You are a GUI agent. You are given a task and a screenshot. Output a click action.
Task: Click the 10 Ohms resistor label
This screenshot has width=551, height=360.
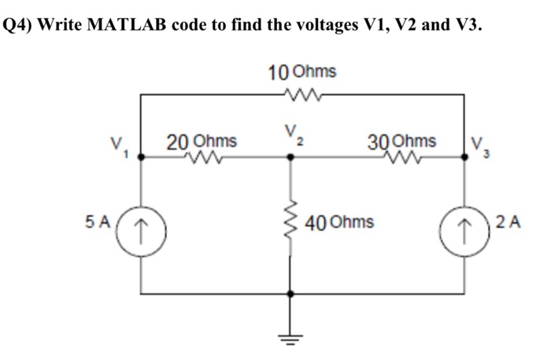[x=302, y=72]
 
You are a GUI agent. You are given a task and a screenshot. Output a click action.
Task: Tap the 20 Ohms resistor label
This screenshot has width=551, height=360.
[x=202, y=142]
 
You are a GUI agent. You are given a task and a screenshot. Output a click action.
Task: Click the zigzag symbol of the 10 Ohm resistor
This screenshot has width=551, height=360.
[x=302, y=94]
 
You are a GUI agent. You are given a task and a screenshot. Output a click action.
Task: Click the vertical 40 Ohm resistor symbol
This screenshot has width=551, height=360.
[x=291, y=223]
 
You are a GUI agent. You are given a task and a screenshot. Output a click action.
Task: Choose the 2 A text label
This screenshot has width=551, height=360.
[x=510, y=221]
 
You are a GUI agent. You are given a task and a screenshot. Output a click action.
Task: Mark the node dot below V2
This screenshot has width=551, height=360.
[x=291, y=157]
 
